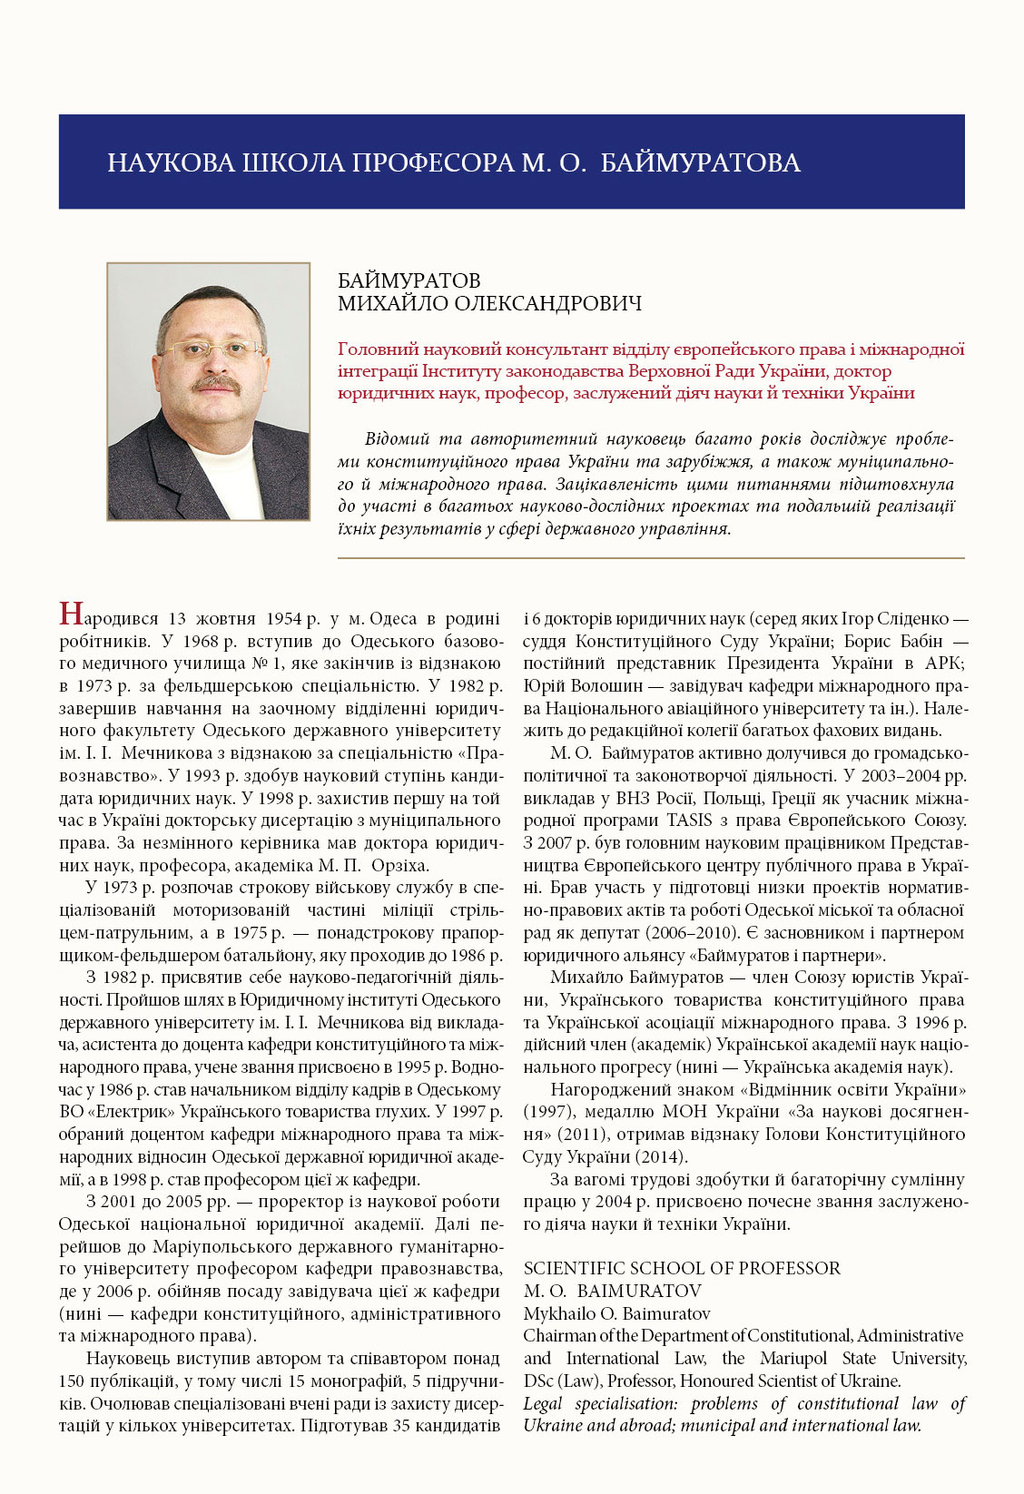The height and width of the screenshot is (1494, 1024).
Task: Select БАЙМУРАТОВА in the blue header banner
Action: click(x=700, y=163)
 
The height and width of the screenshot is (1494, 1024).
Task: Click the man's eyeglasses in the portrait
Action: click(x=213, y=349)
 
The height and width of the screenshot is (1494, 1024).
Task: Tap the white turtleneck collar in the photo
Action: click(x=223, y=454)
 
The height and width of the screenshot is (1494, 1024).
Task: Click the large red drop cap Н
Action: click(x=72, y=615)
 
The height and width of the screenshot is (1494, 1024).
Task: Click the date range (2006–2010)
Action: click(x=694, y=933)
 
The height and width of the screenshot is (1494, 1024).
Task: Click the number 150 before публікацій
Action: click(x=73, y=1381)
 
